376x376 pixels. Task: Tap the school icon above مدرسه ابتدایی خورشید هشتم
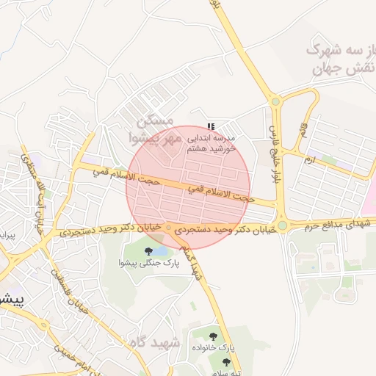[212, 126]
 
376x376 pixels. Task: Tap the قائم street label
[302, 132]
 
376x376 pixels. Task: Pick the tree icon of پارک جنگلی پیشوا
[149, 251]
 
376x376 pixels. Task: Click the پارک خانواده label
[213, 346]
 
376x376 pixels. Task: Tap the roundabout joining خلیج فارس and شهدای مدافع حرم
[282, 225]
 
